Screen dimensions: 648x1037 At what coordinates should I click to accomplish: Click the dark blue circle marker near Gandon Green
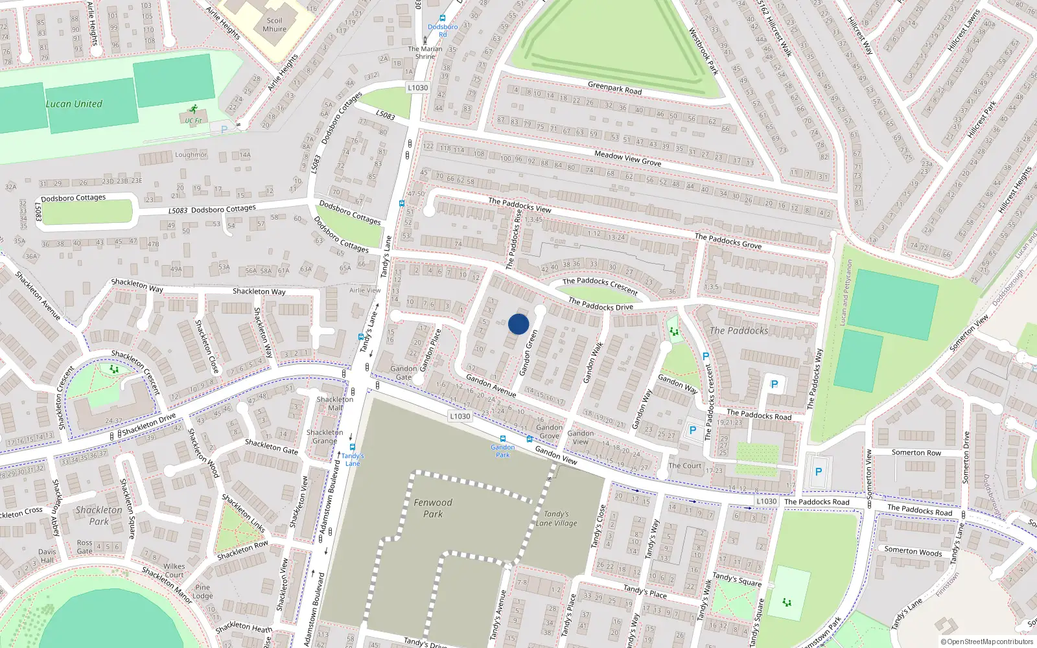(518, 324)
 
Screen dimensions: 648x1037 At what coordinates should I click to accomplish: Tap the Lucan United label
(74, 104)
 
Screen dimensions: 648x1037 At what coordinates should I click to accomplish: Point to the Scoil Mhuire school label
(274, 25)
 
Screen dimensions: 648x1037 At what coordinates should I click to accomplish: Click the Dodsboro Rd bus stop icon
(443, 19)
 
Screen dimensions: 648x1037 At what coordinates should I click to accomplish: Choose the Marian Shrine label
(425, 52)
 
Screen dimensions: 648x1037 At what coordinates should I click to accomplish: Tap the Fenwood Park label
(433, 508)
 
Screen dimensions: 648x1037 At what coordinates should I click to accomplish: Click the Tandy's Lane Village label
(556, 518)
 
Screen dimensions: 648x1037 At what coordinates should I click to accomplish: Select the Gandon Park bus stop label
(503, 451)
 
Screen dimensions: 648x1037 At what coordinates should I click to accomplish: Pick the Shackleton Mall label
(335, 403)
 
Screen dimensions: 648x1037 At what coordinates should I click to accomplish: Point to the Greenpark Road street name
(614, 88)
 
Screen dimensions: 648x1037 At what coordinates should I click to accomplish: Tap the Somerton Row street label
(916, 452)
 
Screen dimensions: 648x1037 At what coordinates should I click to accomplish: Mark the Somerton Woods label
(913, 551)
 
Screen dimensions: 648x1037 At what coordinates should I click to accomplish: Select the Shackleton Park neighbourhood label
(99, 515)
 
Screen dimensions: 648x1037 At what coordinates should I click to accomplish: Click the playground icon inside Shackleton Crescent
(115, 369)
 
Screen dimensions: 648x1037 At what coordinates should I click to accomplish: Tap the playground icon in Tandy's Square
(787, 602)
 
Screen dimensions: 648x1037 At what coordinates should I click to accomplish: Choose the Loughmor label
(191, 155)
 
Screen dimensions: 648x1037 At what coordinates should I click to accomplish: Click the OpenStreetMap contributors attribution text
(990, 642)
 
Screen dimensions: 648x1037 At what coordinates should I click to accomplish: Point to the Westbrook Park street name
(704, 51)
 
